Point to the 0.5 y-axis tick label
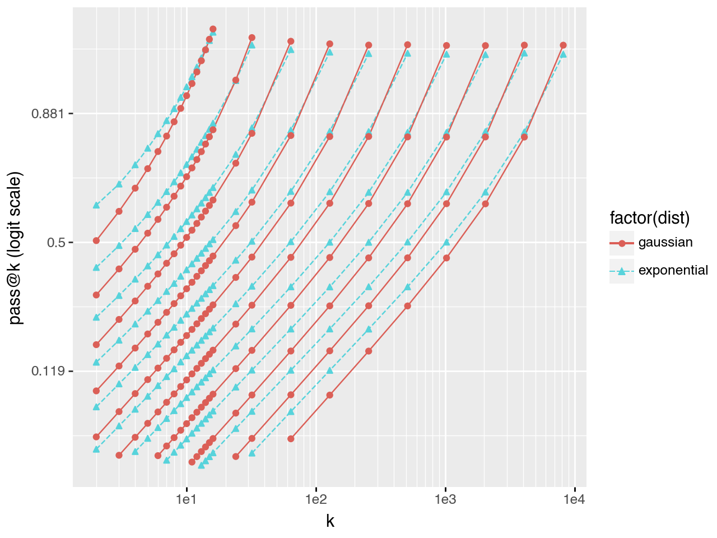(x=55, y=243)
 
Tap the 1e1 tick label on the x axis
(x=187, y=499)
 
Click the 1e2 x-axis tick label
(x=316, y=499)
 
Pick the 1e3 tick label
(x=445, y=499)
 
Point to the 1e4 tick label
(x=574, y=499)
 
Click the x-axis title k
(x=330, y=521)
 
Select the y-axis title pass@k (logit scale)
(x=16, y=248)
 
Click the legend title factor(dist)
(x=650, y=217)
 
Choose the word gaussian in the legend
(x=665, y=243)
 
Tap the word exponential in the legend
(x=673, y=271)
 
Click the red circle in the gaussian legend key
(x=622, y=243)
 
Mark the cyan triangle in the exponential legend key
(x=622, y=271)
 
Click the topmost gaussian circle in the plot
(x=213, y=29)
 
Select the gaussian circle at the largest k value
(x=563, y=45)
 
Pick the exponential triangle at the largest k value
(x=563, y=54)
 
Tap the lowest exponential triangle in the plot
(x=201, y=465)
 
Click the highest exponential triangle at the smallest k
(x=96, y=205)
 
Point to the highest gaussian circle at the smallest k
(x=96, y=240)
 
